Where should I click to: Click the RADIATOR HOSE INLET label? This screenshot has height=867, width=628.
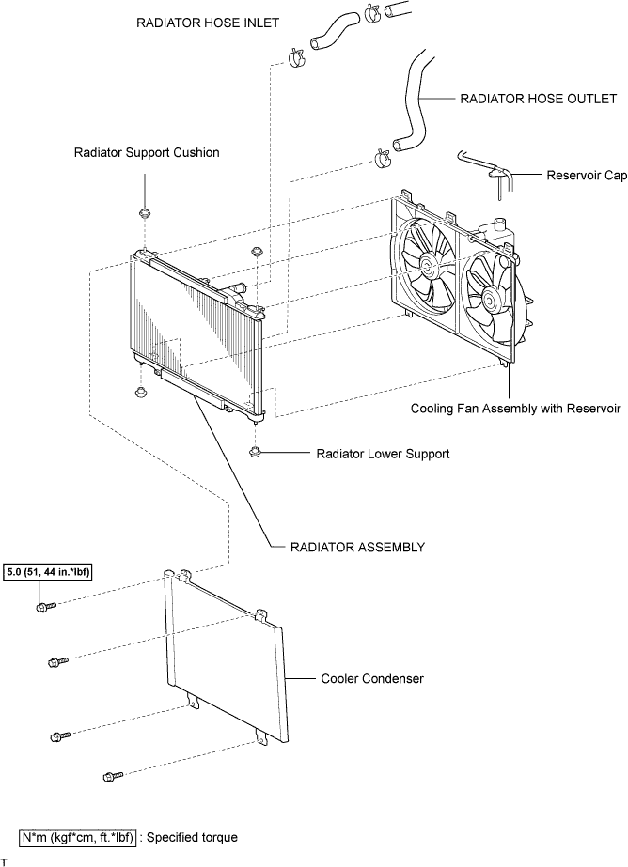click(208, 23)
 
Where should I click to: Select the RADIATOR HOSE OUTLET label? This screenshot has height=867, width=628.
click(539, 99)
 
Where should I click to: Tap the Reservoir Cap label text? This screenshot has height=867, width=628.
click(587, 176)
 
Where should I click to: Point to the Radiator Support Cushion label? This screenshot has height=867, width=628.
click(147, 152)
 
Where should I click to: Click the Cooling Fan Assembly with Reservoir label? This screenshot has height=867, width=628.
click(516, 409)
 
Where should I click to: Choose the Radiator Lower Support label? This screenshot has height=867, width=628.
click(383, 454)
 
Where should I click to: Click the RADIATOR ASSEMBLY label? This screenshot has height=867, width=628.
click(357, 548)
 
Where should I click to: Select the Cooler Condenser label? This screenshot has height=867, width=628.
click(372, 678)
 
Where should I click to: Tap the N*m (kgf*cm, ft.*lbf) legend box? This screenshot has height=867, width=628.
click(77, 838)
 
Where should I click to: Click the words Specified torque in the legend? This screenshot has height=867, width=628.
click(192, 838)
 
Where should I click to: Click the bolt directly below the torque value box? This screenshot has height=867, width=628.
click(46, 607)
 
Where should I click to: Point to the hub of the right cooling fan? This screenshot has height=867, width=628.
click(490, 301)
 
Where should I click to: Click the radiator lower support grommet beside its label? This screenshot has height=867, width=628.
click(255, 454)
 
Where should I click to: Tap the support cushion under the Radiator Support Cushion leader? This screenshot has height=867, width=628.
click(145, 213)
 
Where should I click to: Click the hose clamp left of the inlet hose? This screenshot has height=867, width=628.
click(296, 57)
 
